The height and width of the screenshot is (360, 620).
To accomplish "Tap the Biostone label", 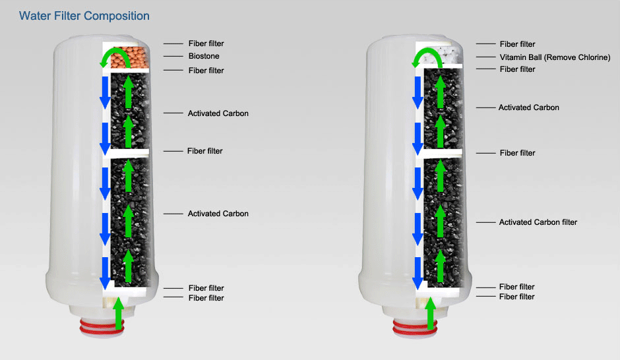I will pyautogui.click(x=204, y=57).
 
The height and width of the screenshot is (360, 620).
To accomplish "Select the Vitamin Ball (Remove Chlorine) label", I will pyautogui.click(x=555, y=57).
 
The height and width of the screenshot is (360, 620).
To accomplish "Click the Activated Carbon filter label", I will pyautogui.click(x=538, y=222).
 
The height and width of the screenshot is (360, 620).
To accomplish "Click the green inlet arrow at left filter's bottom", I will pyautogui.click(x=119, y=313).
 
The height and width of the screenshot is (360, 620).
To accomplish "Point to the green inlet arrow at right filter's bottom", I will pyautogui.click(x=431, y=313).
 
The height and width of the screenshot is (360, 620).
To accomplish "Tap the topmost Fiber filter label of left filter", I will pyautogui.click(x=206, y=44).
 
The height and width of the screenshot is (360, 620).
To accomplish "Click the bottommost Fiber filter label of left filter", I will pyautogui.click(x=206, y=298).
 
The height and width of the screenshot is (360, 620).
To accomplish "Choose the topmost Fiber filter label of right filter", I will pyautogui.click(x=517, y=44).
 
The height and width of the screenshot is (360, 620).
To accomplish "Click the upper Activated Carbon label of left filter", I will pyautogui.click(x=218, y=113).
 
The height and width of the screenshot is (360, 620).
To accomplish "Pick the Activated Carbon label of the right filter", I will pyautogui.click(x=528, y=107).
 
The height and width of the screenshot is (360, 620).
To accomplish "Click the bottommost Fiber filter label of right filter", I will pyautogui.click(x=516, y=297).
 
